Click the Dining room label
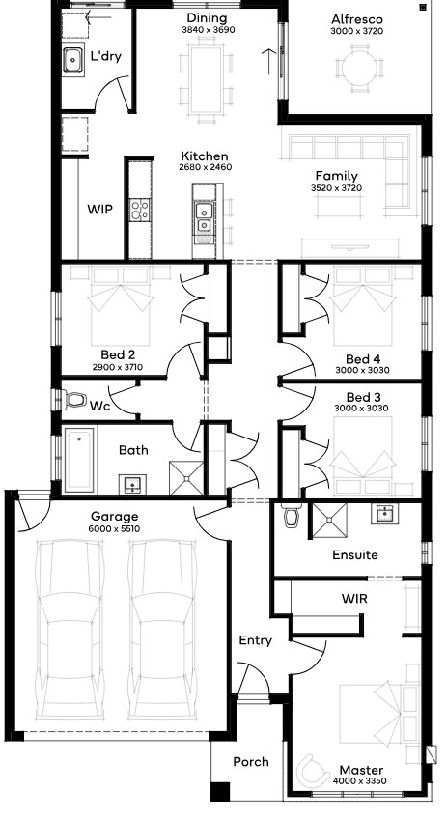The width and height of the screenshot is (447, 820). [207, 18]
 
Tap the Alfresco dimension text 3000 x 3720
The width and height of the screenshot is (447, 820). [356, 31]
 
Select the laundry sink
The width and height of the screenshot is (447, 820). [73, 60]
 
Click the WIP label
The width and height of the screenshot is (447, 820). [99, 210]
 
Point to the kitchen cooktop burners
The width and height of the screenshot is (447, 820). [140, 211]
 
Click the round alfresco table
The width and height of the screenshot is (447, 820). [359, 67]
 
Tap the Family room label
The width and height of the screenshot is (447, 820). [336, 176]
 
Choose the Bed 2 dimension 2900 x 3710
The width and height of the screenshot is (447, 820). [118, 367]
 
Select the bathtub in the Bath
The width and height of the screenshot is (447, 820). [79, 460]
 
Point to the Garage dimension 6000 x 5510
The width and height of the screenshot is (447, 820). [114, 528]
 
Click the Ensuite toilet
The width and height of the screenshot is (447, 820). [291, 516]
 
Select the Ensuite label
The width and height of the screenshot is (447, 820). [355, 554]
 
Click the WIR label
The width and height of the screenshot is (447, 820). [354, 598]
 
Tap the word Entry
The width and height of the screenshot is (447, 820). [255, 640]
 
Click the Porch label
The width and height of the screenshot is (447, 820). [251, 762]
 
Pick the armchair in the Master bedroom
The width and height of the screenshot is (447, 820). [312, 769]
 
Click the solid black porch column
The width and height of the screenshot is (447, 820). [220, 791]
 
